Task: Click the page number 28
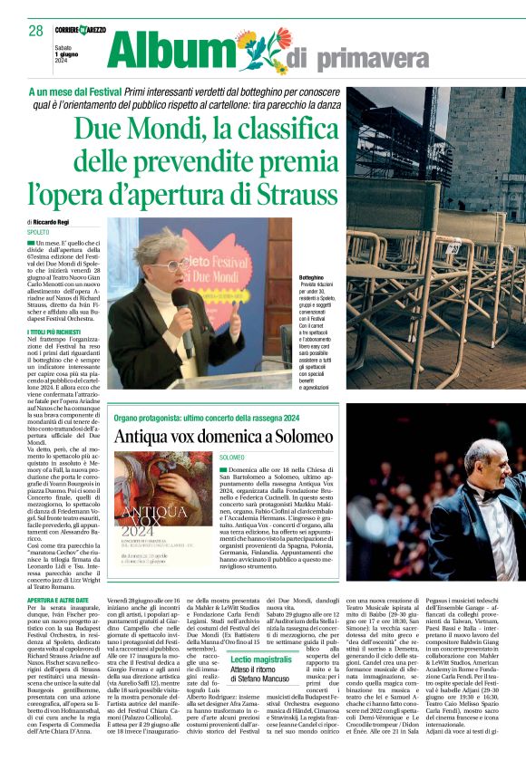[36, 31]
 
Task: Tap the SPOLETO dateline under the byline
[38, 233]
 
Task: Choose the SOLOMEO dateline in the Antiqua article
[231, 458]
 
